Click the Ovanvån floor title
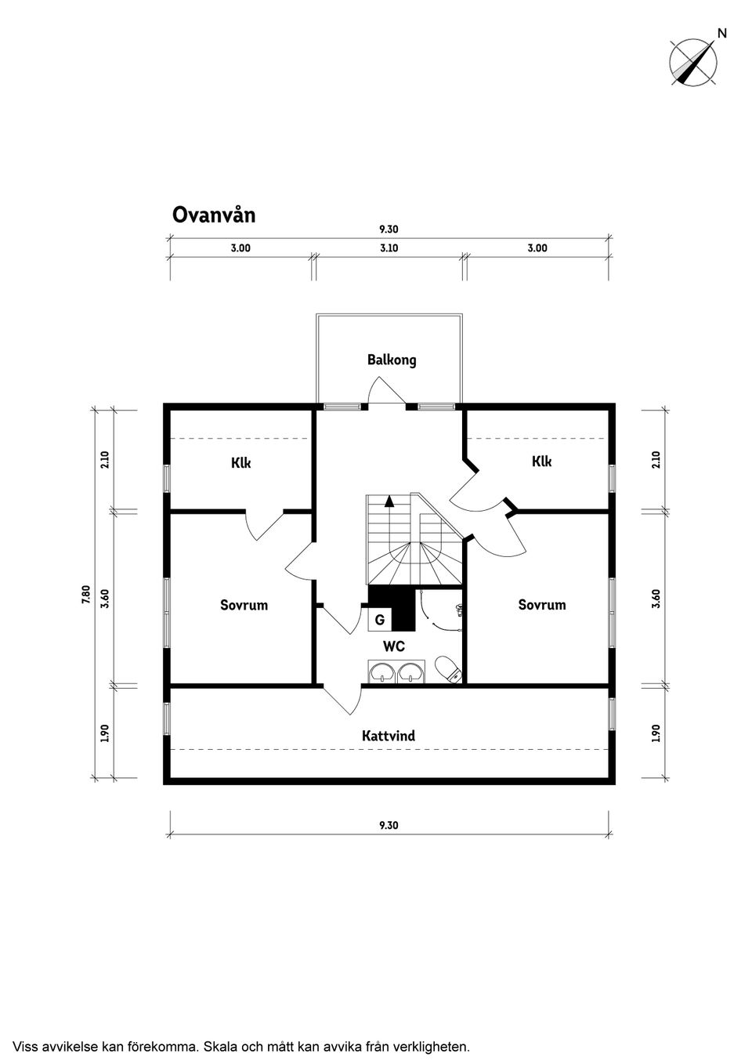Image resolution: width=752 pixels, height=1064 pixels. pos(214,215)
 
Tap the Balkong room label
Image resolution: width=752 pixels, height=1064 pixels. pos(392,360)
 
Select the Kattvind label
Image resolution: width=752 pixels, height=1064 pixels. pos(389,736)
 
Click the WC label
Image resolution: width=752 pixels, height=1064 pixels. pos(394,646)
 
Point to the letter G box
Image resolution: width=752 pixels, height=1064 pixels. pos(380,620)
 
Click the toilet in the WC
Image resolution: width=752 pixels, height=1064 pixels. pos(448,669)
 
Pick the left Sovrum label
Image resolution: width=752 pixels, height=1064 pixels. pos(244,605)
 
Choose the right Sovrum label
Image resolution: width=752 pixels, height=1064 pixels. pos(542,605)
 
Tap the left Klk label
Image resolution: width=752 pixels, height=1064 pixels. pos(240,462)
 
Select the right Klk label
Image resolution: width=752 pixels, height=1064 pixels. pos(542,461)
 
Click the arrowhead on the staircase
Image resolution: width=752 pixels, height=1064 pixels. pos(389,500)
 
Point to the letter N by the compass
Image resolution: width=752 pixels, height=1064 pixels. pos(722,33)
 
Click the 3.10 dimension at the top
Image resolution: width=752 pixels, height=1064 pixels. pos(389,248)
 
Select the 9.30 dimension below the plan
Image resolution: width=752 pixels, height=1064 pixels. pos(389,825)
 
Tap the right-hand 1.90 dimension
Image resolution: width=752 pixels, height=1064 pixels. pos(656,733)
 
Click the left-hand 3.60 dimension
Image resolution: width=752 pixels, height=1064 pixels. pos(105,599)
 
